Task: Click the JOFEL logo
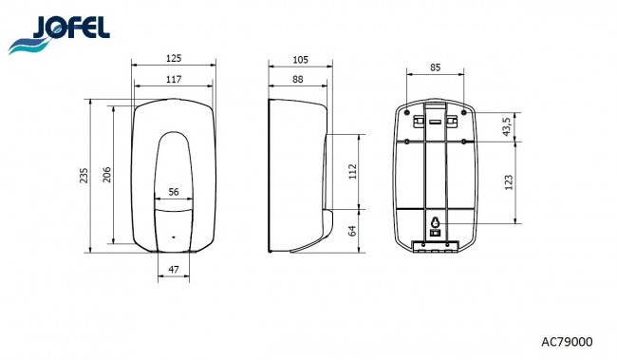coord(59,34)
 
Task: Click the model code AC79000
coord(567,342)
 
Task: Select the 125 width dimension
coord(174,58)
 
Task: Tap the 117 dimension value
coord(174,79)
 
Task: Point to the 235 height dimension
coord(84,176)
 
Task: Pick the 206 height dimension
coord(106,175)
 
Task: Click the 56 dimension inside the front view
coord(174,192)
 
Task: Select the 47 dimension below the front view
coord(174,270)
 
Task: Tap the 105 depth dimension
coord(300,60)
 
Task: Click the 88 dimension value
coord(298,79)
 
